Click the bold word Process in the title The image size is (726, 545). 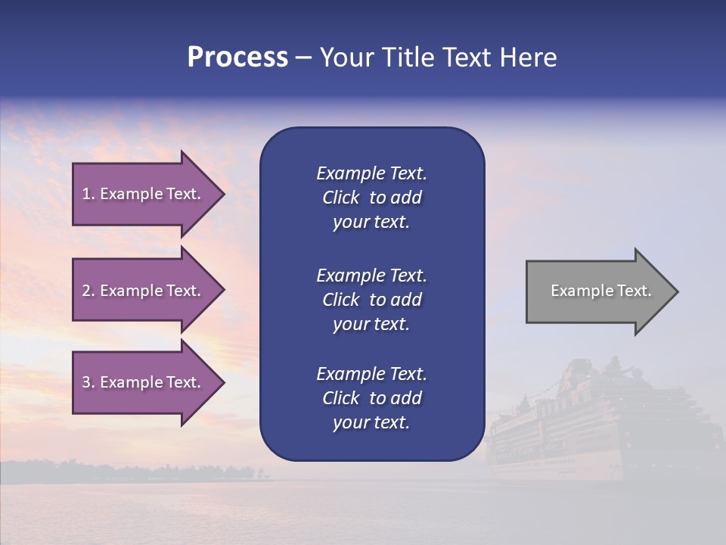(x=237, y=58)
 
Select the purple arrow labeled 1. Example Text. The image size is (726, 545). (x=144, y=194)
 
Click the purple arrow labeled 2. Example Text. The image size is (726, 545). (x=144, y=291)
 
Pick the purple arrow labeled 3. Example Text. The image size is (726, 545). (x=144, y=382)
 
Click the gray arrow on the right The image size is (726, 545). (x=597, y=291)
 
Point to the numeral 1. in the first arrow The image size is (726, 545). (x=88, y=194)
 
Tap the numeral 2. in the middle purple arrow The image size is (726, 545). (x=88, y=291)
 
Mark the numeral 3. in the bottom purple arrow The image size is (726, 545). (x=88, y=382)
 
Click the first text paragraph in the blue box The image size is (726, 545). (x=371, y=198)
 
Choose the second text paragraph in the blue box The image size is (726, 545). (x=371, y=299)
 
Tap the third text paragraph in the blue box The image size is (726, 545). (x=371, y=398)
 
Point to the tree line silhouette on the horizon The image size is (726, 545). (x=151, y=471)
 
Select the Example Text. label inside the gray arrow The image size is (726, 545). (x=600, y=291)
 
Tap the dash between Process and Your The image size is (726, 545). (x=303, y=58)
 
